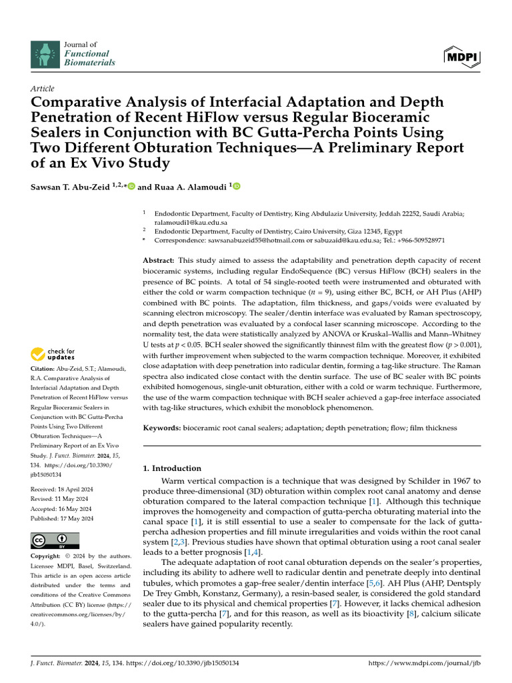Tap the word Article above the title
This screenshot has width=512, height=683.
coord(43,89)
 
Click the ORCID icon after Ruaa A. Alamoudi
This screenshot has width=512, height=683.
coord(235,187)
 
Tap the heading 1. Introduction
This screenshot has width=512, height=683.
coord(172,468)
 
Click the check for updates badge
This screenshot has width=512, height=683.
coord(57,354)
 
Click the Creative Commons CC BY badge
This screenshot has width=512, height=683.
coord(55,540)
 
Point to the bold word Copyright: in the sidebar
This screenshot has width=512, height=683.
coord(46,556)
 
